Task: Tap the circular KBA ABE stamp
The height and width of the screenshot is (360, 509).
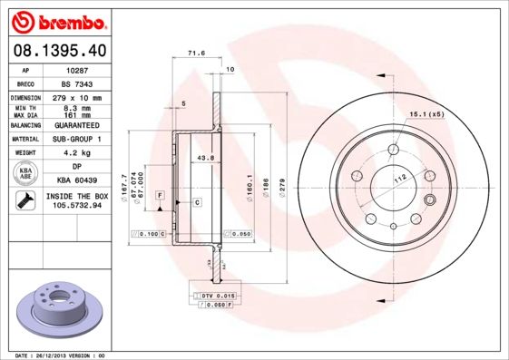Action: pos(24,173)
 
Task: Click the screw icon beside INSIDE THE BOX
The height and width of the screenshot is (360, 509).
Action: pos(24,200)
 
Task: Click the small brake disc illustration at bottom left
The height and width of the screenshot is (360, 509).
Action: pos(55,309)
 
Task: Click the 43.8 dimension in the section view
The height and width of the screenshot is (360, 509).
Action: pos(206,158)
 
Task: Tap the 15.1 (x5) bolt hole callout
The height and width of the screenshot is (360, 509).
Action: pos(426,114)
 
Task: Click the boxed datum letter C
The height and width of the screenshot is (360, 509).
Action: pos(196,201)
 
